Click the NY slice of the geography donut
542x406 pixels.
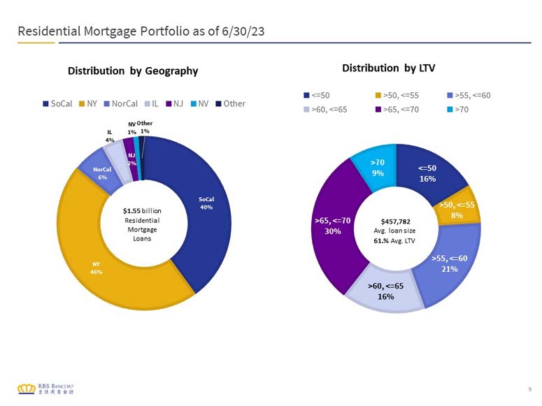point(96,268)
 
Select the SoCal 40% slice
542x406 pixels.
point(206,203)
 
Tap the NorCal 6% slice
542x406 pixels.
point(102,173)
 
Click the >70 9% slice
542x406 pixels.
point(378,168)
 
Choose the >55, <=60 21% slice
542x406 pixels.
point(450,263)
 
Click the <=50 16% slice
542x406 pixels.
point(427,173)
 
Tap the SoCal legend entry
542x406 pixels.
point(57,103)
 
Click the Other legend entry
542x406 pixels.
point(231,103)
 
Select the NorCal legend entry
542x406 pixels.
point(120,103)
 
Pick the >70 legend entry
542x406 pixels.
point(457,110)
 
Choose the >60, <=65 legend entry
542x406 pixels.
point(325,110)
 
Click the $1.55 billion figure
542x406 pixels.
point(142,211)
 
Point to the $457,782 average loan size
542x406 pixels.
point(395,222)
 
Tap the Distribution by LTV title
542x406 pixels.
point(389,68)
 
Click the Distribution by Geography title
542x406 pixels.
point(133,71)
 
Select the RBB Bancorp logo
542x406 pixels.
point(45,389)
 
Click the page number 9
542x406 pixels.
point(530,389)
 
